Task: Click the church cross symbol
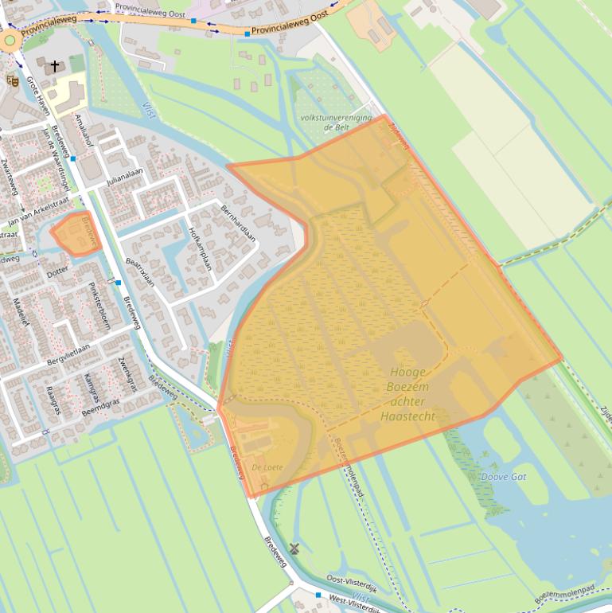(55, 65)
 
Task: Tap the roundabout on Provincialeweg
(10, 40)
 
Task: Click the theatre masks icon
(11, 80)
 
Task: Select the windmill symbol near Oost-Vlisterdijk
(294, 548)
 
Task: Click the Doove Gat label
(503, 477)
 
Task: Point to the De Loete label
(267, 467)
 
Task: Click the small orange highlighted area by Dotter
(76, 234)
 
